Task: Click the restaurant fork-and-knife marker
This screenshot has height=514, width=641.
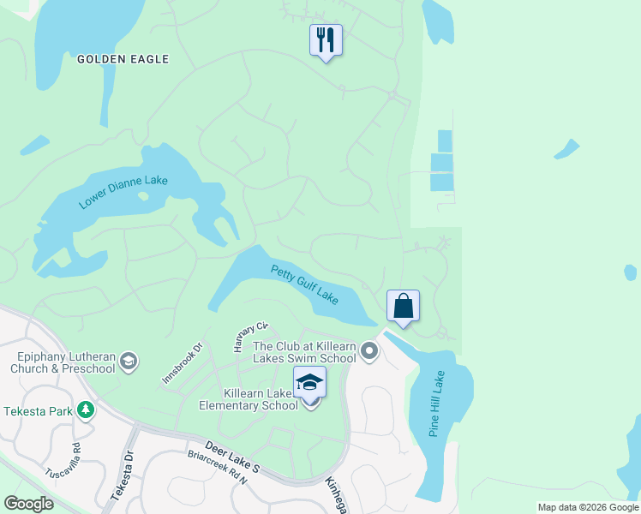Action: (x=326, y=39)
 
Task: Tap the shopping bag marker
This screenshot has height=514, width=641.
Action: (x=403, y=306)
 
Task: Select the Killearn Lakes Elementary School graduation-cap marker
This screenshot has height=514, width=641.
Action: (x=310, y=382)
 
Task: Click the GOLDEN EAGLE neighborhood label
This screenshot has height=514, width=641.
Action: (x=123, y=59)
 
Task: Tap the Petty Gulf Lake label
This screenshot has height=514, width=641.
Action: (x=305, y=284)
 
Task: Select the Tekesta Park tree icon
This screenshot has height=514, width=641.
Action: (x=85, y=410)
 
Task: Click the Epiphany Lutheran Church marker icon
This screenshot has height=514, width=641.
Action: (x=129, y=361)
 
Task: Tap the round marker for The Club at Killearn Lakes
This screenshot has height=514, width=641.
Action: (x=369, y=350)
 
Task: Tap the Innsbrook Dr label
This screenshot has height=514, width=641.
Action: (x=182, y=363)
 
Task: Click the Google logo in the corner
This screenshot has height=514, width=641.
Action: (x=28, y=504)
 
